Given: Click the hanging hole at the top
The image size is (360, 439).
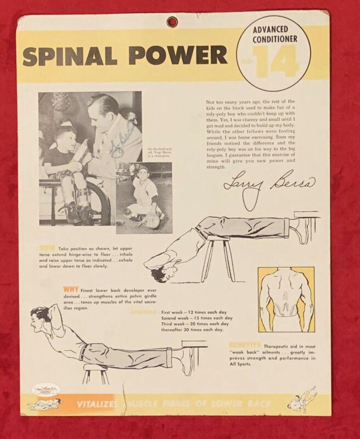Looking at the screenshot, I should point(172,22).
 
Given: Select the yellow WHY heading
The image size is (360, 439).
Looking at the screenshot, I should point(70,287).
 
